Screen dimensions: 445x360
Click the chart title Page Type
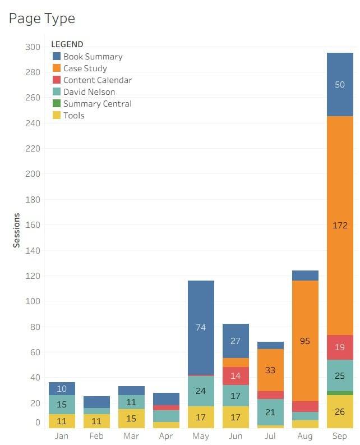(x=42, y=19)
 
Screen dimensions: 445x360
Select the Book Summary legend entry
(x=93, y=56)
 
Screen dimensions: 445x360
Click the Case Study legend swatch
(x=57, y=68)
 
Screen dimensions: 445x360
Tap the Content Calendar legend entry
(x=97, y=80)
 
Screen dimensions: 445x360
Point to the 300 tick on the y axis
(x=33, y=47)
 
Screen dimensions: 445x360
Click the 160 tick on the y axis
(x=33, y=225)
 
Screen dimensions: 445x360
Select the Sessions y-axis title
(x=16, y=230)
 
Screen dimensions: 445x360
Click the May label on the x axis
(x=201, y=436)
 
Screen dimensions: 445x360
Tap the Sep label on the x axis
(x=340, y=436)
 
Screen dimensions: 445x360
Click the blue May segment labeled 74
(x=201, y=328)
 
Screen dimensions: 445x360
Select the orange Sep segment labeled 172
(x=340, y=226)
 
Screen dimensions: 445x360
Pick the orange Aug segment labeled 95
(x=305, y=341)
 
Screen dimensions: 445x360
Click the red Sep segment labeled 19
(x=340, y=347)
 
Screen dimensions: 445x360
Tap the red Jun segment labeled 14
(x=236, y=376)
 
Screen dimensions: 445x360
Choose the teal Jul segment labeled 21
(x=270, y=412)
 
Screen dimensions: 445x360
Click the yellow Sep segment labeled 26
(x=340, y=412)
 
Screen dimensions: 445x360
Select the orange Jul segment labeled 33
(x=270, y=370)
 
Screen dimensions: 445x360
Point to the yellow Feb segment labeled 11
(x=96, y=421)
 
